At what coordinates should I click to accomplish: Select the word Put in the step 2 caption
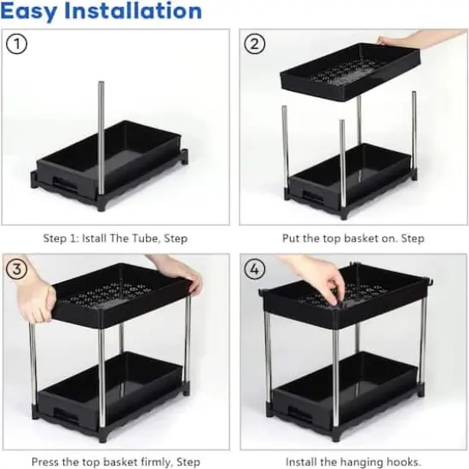coord(292,238)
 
